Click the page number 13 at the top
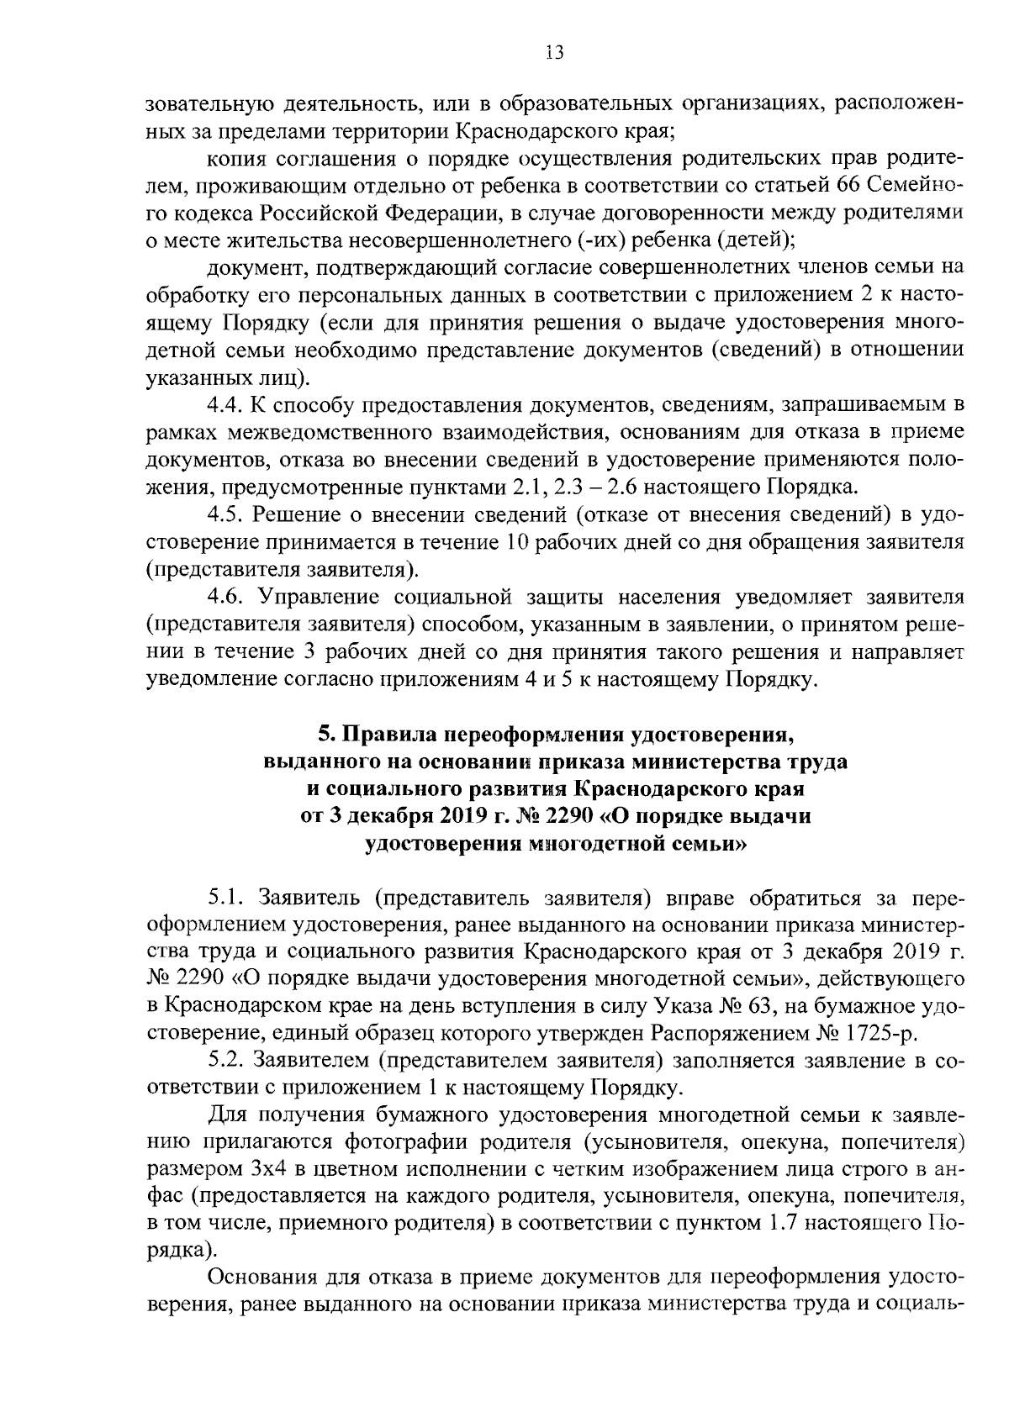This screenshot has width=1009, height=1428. tap(553, 53)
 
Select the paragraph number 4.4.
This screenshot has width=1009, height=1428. tap(226, 406)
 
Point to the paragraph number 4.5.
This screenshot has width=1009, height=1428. tap(226, 514)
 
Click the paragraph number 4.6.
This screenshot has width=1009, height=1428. tap(226, 597)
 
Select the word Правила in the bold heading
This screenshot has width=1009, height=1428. tap(388, 735)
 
